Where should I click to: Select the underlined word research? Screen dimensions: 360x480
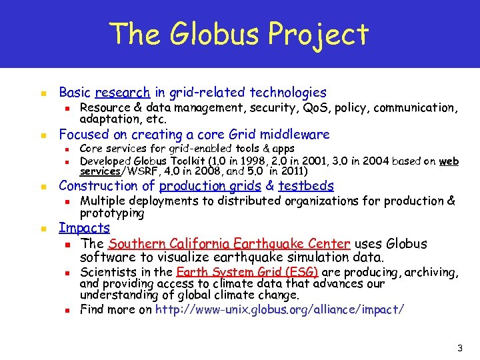pyautogui.click(x=123, y=93)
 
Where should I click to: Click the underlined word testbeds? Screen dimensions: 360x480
pyautogui.click(x=306, y=186)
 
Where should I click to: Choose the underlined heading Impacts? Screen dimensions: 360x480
pyautogui.click(x=84, y=228)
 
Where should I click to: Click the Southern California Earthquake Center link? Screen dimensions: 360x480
pyautogui.click(x=229, y=244)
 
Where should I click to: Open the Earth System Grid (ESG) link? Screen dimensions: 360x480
pyautogui.click(x=247, y=272)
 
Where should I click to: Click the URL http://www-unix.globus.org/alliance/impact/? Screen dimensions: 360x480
pyautogui.click(x=279, y=309)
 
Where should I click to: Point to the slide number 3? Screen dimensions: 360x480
pyautogui.click(x=460, y=348)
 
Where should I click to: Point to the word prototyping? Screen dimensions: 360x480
pyautogui.click(x=112, y=213)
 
